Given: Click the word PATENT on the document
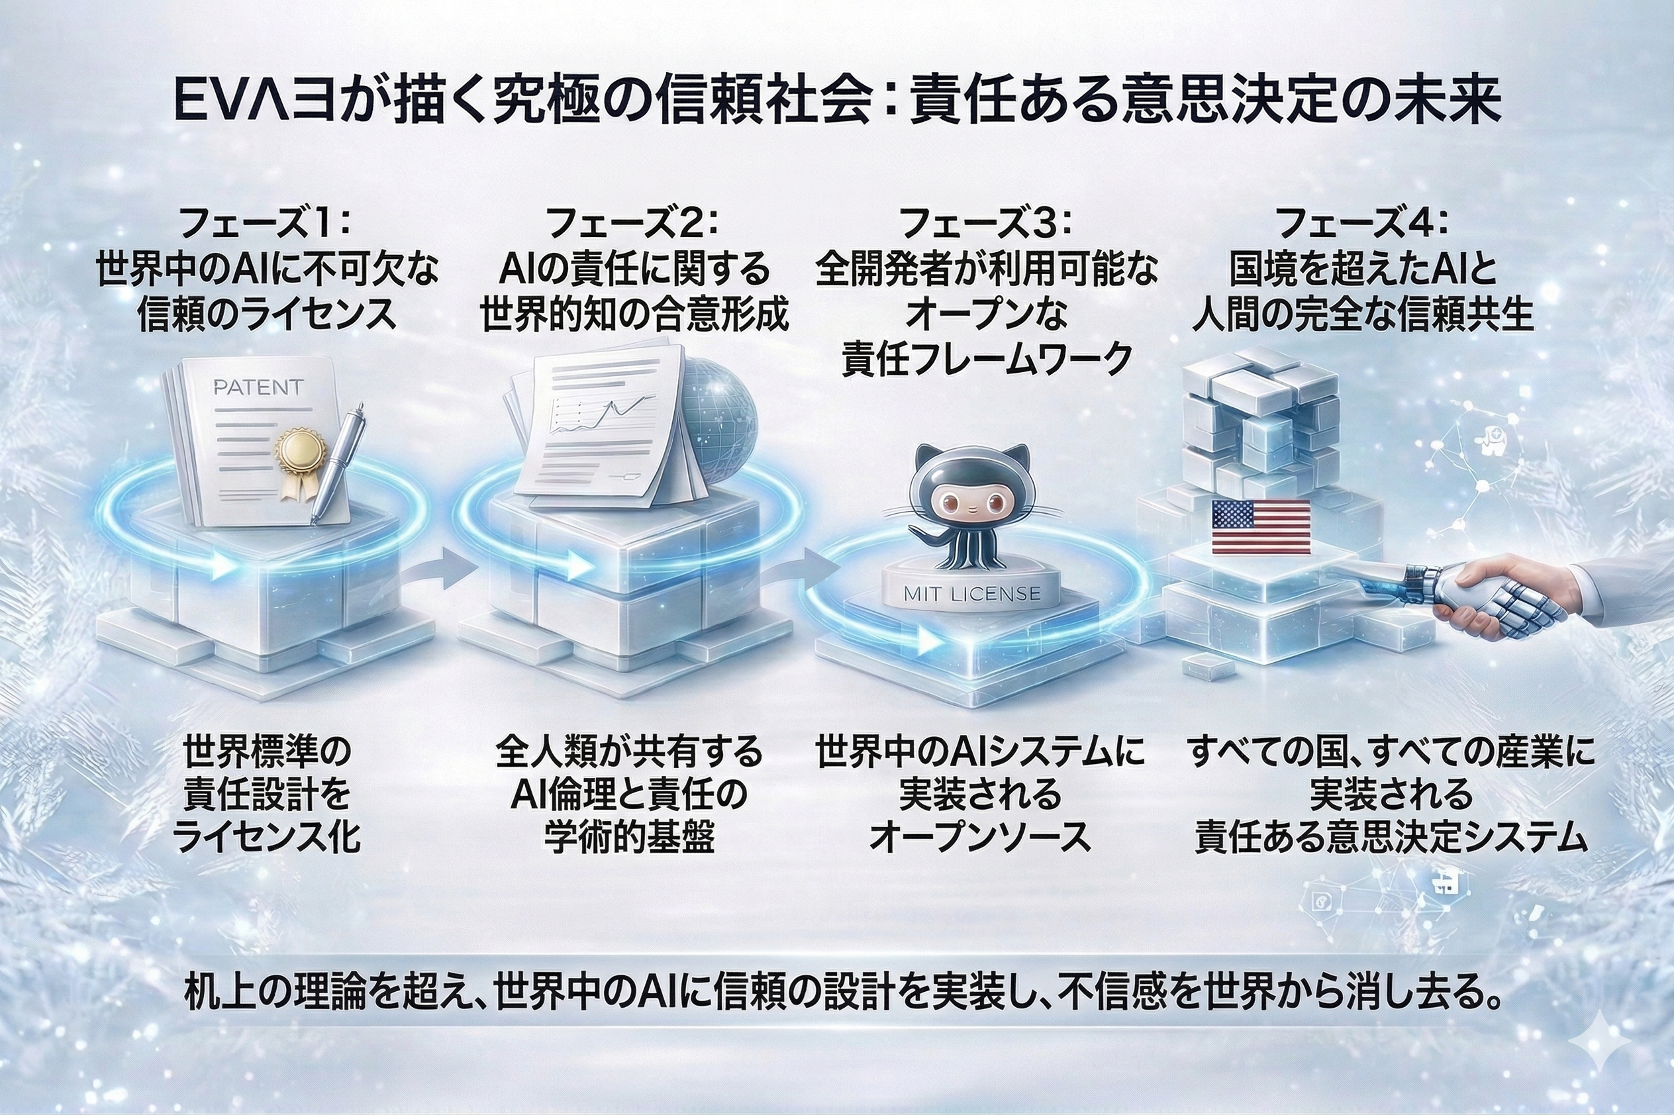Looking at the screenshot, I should (x=258, y=387).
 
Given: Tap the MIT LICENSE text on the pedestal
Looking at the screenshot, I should (x=971, y=594).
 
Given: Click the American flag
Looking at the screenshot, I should (x=1260, y=527).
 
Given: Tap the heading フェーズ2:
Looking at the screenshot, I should (x=632, y=224).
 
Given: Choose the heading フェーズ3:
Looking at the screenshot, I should (x=985, y=224).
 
